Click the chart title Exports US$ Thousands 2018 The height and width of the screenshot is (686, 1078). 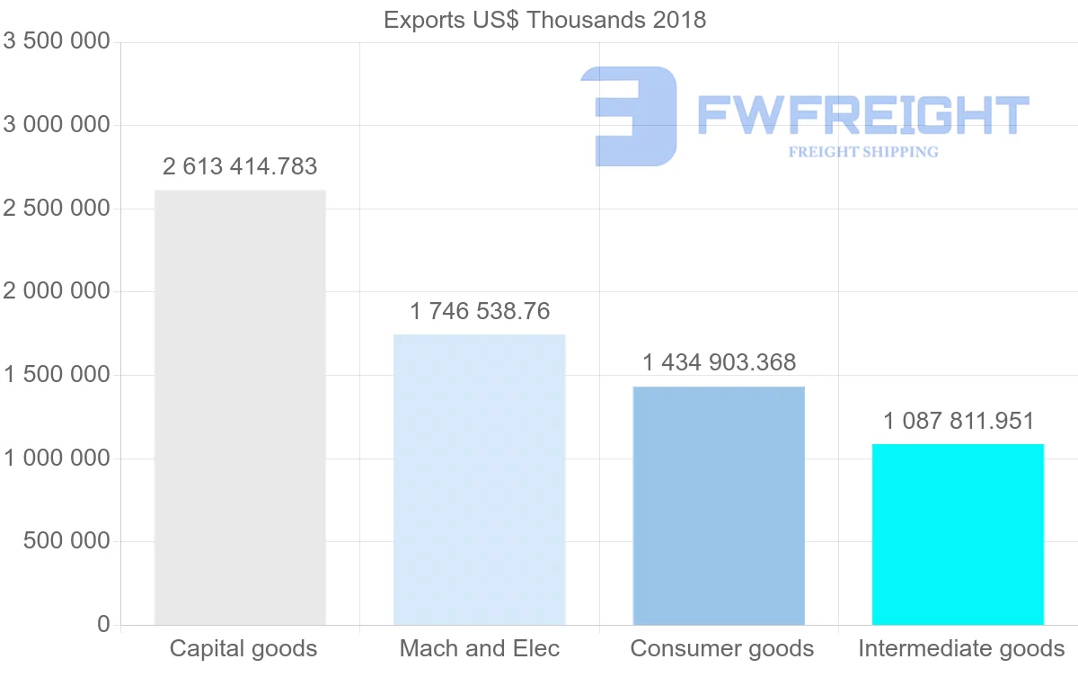point(544,20)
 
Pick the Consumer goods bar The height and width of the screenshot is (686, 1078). point(719,505)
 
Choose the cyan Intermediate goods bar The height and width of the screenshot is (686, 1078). point(958,534)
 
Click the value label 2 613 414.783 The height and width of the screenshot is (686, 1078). point(240,166)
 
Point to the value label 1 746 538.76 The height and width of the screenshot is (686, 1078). point(480,312)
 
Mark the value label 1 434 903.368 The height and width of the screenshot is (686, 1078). point(719,363)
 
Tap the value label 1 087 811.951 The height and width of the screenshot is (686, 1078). point(958,421)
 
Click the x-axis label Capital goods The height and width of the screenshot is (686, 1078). point(243,648)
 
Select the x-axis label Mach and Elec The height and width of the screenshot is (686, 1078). point(480,648)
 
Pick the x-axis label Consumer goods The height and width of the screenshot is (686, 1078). point(722,648)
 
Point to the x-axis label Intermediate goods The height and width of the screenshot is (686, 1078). point(961,648)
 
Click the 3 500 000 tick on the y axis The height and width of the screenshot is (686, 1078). point(57,41)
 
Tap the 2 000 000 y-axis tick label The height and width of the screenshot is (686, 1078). point(57,291)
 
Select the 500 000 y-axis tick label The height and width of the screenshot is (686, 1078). point(66,541)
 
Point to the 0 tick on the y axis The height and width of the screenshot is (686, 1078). point(103,625)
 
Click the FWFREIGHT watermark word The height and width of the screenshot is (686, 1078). point(862,115)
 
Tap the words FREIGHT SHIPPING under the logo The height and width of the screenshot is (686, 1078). point(863,152)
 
